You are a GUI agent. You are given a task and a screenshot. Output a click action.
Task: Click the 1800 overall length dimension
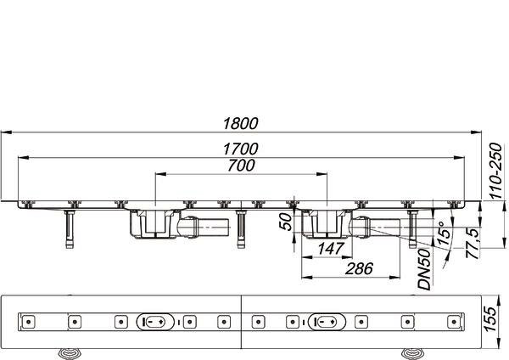point(241,123)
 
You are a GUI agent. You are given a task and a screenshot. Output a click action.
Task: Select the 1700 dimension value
point(241,149)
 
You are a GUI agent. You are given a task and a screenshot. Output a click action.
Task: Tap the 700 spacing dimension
point(241,166)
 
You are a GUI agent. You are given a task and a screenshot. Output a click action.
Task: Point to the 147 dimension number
point(330,249)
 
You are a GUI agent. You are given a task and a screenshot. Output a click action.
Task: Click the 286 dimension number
point(359,269)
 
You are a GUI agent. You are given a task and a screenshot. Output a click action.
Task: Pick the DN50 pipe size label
point(424,269)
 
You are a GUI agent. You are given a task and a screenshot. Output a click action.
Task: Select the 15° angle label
point(444,233)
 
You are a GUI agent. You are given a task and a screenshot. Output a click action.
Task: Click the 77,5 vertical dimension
point(473,243)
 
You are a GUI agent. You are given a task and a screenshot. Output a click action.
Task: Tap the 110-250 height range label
point(495,172)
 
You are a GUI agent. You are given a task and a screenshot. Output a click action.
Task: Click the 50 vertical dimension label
point(287,222)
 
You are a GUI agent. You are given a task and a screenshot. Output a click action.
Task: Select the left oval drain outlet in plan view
point(155,322)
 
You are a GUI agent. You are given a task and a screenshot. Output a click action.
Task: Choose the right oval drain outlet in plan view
point(327,322)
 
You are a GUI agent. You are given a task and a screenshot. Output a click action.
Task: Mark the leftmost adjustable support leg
point(70,229)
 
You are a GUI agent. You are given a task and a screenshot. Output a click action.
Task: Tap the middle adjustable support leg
point(241,229)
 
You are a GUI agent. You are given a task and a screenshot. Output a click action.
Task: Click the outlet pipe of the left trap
point(204,227)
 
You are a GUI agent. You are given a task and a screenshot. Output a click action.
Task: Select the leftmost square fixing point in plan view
point(29,322)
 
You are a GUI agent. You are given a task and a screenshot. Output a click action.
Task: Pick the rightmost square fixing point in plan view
point(454,322)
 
